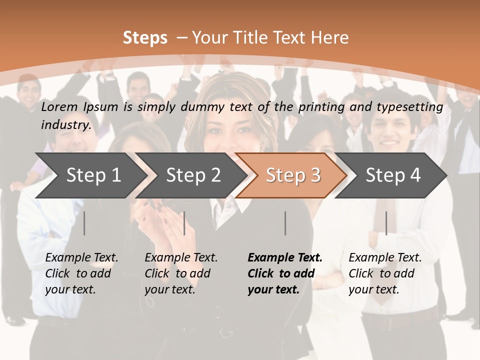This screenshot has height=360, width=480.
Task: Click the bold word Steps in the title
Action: tap(145, 38)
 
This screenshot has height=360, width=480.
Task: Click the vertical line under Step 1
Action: tap(84, 223)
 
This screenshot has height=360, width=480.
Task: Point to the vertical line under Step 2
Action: tap(184, 223)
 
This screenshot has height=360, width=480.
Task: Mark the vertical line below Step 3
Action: tap(285, 223)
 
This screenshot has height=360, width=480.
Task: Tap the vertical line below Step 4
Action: tap(386, 223)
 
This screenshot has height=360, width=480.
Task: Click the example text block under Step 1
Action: tap(81, 273)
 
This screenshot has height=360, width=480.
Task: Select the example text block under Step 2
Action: tap(181, 273)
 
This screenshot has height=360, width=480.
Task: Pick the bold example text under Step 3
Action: tap(285, 273)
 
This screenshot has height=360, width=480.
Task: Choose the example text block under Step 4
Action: tap(385, 273)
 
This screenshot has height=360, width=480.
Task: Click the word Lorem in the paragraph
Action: tap(59, 106)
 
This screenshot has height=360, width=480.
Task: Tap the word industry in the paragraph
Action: tap(65, 124)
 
